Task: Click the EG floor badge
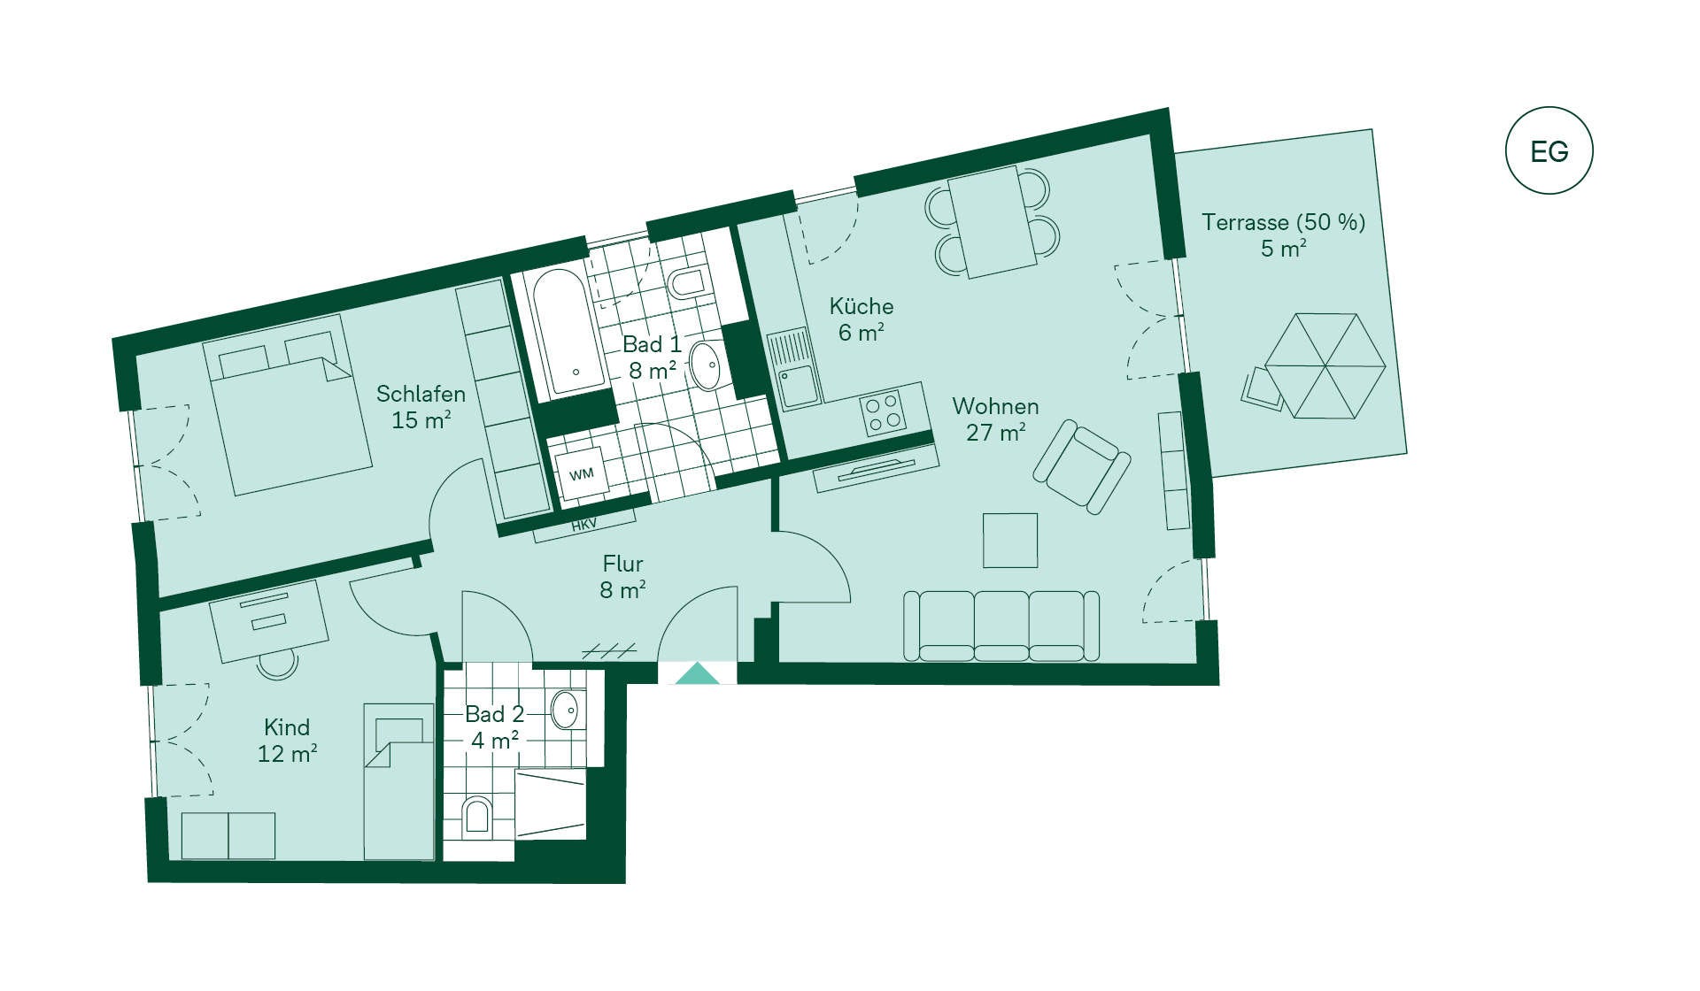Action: pyautogui.click(x=1549, y=150)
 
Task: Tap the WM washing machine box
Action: pyautogui.click(x=581, y=474)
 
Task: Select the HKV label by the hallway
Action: pyautogui.click(x=583, y=525)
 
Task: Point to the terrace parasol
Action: pyautogui.click(x=1325, y=365)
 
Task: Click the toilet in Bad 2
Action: pyautogui.click(x=476, y=816)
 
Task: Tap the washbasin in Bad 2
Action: pyautogui.click(x=565, y=710)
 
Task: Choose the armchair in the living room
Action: pyautogui.click(x=1081, y=466)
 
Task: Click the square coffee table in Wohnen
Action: pyautogui.click(x=1010, y=540)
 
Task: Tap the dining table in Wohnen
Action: pyautogui.click(x=992, y=221)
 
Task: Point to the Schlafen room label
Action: pyautogui.click(x=421, y=394)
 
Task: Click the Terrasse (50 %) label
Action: pyautogui.click(x=1283, y=222)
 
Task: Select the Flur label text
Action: pyautogui.click(x=622, y=564)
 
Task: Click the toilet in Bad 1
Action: pyautogui.click(x=687, y=282)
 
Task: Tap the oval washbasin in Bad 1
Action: pyautogui.click(x=706, y=365)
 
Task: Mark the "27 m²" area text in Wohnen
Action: pyautogui.click(x=995, y=432)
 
